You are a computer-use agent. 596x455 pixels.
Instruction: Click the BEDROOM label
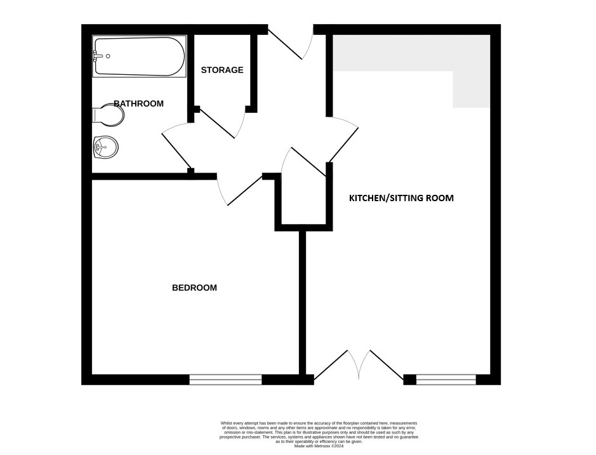(194, 288)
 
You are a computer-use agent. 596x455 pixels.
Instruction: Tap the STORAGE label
(222, 70)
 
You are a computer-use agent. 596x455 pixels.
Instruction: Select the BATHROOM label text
(139, 103)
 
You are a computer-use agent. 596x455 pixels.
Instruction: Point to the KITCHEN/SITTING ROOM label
(401, 198)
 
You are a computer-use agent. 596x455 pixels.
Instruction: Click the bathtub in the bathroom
(139, 56)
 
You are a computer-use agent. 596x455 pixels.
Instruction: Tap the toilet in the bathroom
(109, 115)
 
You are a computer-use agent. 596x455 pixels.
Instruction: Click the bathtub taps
(100, 56)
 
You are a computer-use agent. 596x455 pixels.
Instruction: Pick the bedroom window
(225, 379)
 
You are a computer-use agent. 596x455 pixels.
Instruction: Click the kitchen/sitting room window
(446, 379)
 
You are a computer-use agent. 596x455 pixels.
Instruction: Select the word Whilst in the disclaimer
(227, 423)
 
